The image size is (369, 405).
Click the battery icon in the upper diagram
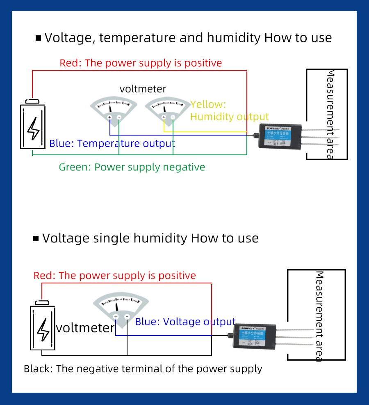coord(33,125)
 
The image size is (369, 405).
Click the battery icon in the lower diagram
coord(43,327)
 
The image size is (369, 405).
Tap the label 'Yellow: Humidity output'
coord(229,110)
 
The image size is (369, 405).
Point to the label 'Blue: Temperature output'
coord(112,144)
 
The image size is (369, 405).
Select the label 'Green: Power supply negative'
coord(132,167)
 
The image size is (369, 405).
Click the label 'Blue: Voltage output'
coord(185,322)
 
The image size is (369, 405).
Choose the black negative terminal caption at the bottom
coord(143,369)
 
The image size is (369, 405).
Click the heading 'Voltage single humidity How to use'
coord(150,238)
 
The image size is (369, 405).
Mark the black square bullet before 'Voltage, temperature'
coord(39,38)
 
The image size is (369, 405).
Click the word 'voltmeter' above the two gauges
coord(143,89)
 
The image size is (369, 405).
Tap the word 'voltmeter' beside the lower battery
coord(85,328)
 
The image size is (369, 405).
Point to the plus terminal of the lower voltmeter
coord(116,317)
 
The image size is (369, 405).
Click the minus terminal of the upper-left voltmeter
coord(119,117)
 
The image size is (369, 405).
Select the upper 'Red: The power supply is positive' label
coord(141,63)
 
